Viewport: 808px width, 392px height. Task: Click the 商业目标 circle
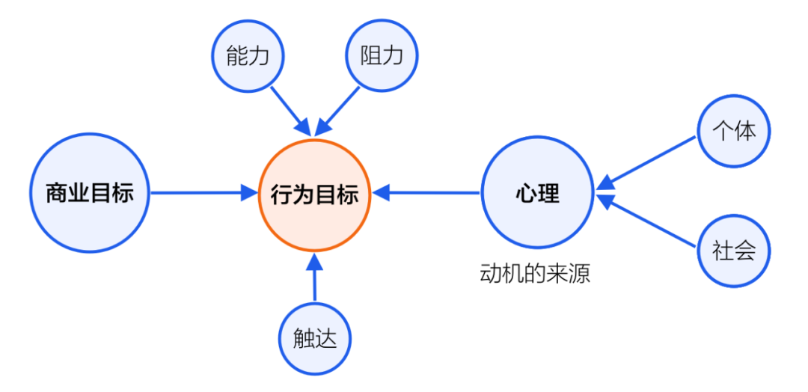[x=89, y=193]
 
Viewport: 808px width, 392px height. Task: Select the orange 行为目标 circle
[x=315, y=194]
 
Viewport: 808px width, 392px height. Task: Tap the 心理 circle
[x=537, y=193]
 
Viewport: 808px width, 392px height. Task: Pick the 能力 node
[x=248, y=57]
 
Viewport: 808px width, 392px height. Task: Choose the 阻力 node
[x=382, y=57]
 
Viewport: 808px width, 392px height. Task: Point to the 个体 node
[x=734, y=131]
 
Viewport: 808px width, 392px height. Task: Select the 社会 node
[x=734, y=251]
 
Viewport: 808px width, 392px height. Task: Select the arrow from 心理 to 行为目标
[x=426, y=193]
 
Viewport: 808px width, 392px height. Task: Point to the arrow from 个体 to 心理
[x=648, y=159]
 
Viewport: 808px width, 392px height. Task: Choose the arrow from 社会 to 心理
[x=648, y=222]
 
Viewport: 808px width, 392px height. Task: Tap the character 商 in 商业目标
[x=57, y=194]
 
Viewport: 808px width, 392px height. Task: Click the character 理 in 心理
[x=548, y=194]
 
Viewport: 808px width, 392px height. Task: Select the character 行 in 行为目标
[x=282, y=195]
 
